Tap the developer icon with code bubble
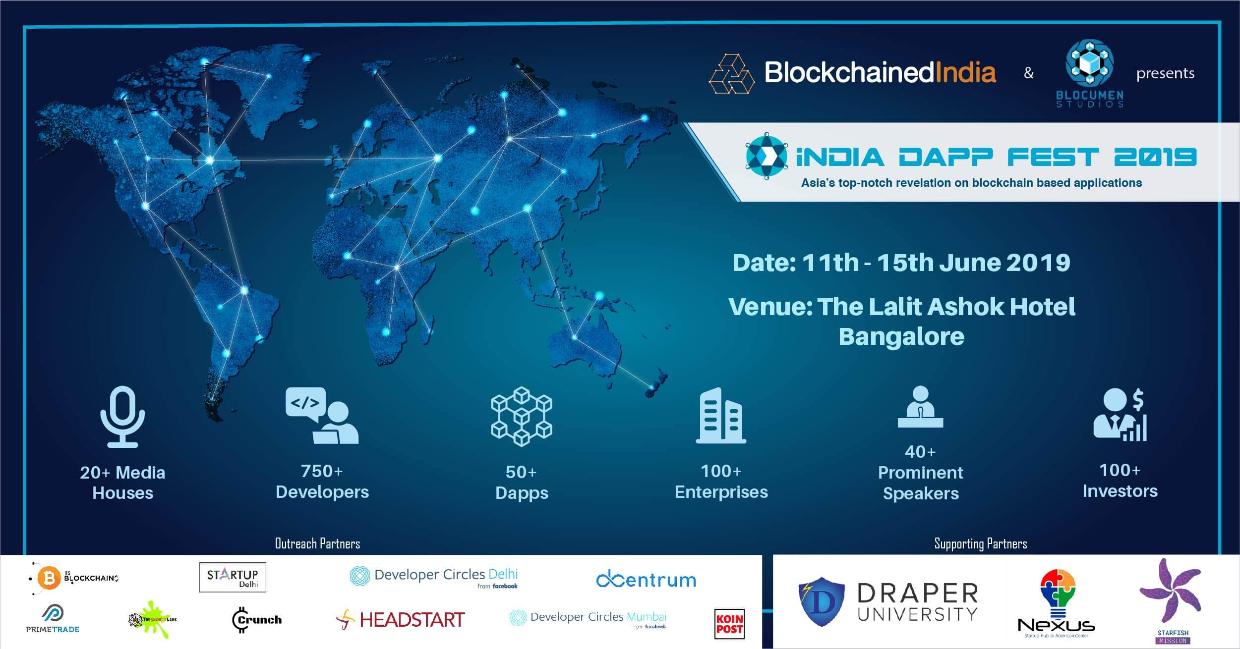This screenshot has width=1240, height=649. tap(321, 415)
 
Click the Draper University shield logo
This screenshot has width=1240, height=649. tap(821, 601)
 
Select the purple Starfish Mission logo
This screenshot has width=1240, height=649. tap(1172, 596)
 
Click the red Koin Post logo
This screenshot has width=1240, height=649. tap(729, 624)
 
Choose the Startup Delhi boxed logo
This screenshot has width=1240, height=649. tap(233, 577)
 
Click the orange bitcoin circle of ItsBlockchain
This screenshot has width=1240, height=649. tap(49, 578)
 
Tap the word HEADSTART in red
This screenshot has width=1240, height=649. tap(412, 619)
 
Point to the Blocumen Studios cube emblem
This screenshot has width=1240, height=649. tap(1089, 63)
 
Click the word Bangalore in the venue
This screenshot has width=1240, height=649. tap(901, 337)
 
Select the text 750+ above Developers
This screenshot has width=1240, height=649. tap(322, 471)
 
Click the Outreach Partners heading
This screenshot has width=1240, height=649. tap(317, 543)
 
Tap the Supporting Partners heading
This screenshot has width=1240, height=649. tap(980, 543)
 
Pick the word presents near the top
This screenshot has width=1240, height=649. tap(1165, 73)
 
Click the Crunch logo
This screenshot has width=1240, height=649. tap(257, 620)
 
